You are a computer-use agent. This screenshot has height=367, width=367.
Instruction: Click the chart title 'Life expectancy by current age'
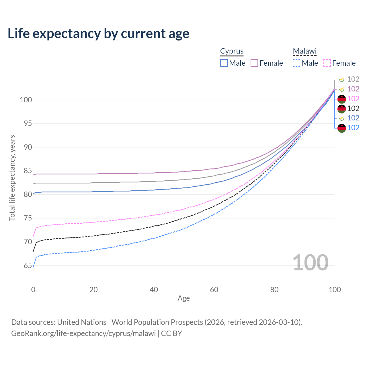(x=98, y=34)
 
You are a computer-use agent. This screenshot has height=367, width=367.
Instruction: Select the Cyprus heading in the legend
(x=232, y=51)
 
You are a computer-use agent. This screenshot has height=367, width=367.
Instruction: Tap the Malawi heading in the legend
(x=304, y=51)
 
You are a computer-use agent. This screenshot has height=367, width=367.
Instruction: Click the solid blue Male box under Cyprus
(x=224, y=63)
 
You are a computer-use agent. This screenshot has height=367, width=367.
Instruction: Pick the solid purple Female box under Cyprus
(x=254, y=63)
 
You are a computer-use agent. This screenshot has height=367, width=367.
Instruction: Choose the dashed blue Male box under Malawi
(x=296, y=63)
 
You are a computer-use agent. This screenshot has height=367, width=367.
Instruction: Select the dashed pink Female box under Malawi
(x=327, y=63)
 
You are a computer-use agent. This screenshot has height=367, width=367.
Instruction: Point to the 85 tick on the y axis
(x=28, y=171)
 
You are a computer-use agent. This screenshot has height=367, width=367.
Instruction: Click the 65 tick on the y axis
(x=28, y=266)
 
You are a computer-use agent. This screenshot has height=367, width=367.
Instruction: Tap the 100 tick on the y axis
(x=26, y=100)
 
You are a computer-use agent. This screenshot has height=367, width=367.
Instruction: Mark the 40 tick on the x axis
(x=154, y=290)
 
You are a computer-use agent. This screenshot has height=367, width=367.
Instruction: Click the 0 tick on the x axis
(x=33, y=290)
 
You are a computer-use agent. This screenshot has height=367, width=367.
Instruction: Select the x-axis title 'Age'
(x=183, y=298)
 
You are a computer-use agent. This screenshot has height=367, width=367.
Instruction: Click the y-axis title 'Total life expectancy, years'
(x=12, y=178)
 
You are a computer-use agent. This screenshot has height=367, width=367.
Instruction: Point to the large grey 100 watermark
(x=311, y=262)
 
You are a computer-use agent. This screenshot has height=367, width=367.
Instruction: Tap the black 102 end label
(x=353, y=108)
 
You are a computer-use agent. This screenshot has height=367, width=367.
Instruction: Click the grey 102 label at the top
(x=353, y=79)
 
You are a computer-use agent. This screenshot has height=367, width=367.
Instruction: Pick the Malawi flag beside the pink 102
(x=341, y=99)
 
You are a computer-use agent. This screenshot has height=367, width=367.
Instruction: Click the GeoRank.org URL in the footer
(x=83, y=333)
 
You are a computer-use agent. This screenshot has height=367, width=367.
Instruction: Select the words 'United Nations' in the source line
(x=82, y=322)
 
